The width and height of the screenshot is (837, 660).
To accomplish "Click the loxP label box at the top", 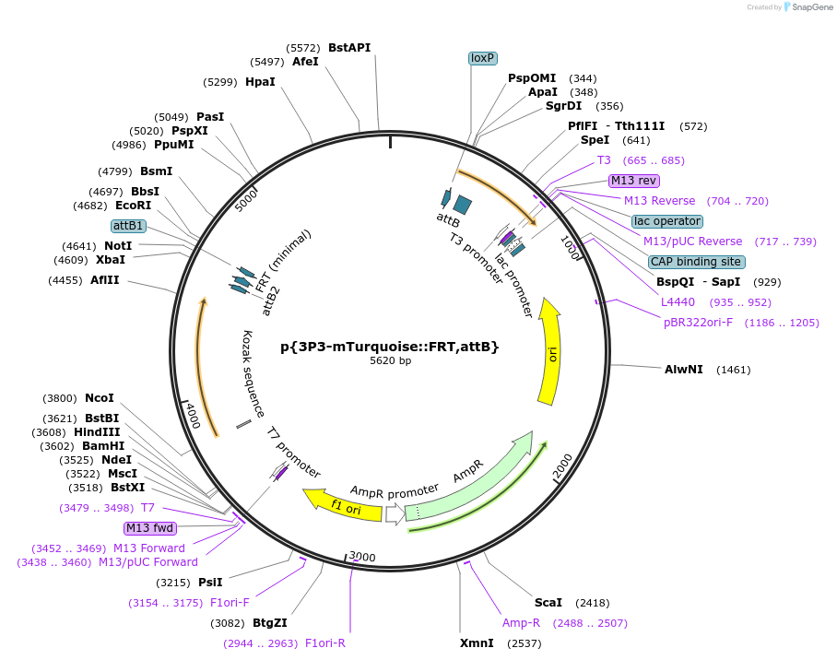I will pyautogui.click(x=483, y=58).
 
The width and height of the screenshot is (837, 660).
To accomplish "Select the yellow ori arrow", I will pyautogui.click(x=550, y=350).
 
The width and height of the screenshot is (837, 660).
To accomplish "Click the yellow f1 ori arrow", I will pyautogui.click(x=343, y=504).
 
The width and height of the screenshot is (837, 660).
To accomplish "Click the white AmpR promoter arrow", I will pyautogui.click(x=395, y=515).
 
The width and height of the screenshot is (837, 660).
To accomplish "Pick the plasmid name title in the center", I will pyautogui.click(x=390, y=347).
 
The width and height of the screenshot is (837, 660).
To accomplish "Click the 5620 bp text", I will pyautogui.click(x=390, y=361).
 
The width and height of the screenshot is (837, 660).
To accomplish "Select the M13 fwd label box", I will pyautogui.click(x=149, y=528).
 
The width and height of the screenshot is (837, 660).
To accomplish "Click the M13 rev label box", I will pyautogui.click(x=633, y=180).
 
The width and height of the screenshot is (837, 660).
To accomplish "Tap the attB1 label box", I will pyautogui.click(x=128, y=226).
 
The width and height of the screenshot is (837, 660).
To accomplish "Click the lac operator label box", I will pyautogui.click(x=667, y=221).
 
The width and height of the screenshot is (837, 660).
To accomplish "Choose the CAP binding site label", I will pyautogui.click(x=696, y=262).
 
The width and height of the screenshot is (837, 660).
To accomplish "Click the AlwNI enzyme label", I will pyautogui.click(x=684, y=370).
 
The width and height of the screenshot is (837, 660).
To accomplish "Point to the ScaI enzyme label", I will pyautogui.click(x=548, y=603).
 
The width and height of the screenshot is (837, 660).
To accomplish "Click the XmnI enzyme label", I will pyautogui.click(x=476, y=642).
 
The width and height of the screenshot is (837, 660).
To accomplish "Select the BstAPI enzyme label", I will pyautogui.click(x=349, y=48).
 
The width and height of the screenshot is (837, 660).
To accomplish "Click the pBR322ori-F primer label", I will pyautogui.click(x=699, y=323).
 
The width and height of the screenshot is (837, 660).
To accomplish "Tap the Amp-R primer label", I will pyautogui.click(x=521, y=623).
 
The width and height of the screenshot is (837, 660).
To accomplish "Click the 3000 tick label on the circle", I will pyautogui.click(x=363, y=557).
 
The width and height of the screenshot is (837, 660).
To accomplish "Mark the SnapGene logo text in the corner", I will pyautogui.click(x=807, y=7).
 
